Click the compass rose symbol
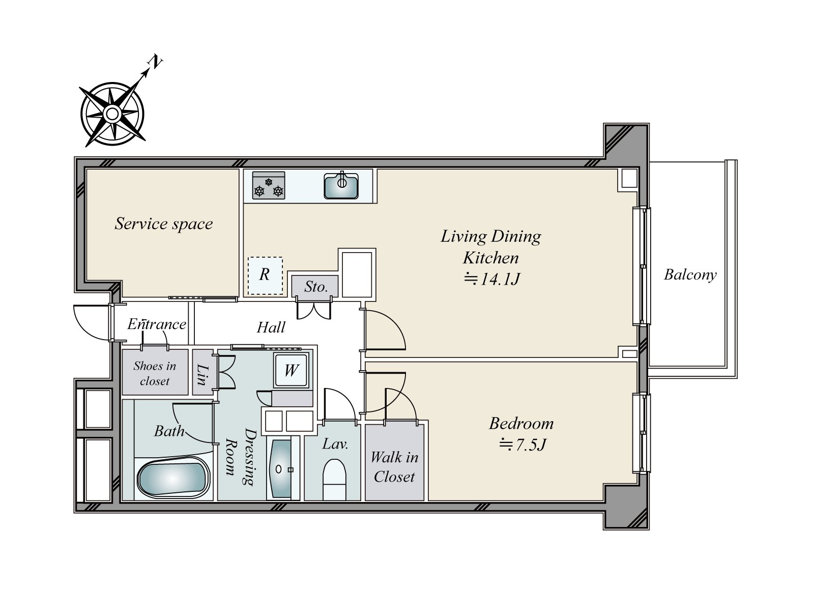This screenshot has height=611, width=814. pos(112,114)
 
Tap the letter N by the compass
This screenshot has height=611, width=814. pos(155,62)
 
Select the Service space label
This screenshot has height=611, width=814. pos(163,224)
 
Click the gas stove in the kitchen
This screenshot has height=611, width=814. pos(269,185)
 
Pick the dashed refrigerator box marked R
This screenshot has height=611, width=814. pos(265,275)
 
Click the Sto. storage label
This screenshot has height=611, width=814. pos(316,286)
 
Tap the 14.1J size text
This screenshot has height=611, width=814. pos(492,279)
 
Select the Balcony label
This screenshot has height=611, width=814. pos(690,275)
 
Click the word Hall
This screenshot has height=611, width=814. pos(271,327)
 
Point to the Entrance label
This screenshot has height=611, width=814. pos(157,324)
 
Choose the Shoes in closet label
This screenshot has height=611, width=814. pos(155,374)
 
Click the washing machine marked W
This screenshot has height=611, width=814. pos(291,370)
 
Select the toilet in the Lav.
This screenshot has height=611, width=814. pos(334,480)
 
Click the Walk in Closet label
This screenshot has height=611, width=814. pos(394,467)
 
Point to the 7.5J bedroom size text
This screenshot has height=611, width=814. pos(523,445)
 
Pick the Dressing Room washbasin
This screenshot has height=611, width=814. pos(281,469)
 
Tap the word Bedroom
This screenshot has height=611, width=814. pos(521,424)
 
